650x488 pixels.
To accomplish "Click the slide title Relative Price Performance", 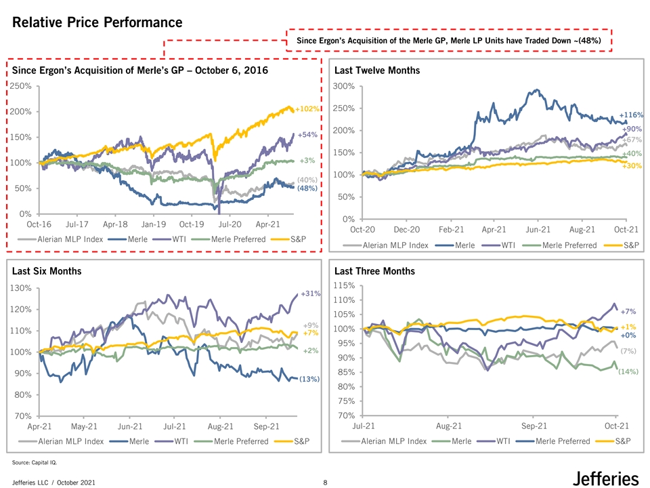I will click(97, 22).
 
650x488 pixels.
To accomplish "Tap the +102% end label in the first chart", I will click(307, 108).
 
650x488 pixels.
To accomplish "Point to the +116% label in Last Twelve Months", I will click(631, 116).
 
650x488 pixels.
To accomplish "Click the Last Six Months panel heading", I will click(46, 271).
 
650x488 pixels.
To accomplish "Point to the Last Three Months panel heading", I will click(374, 271).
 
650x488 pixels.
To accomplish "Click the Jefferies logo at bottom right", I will click(605, 478).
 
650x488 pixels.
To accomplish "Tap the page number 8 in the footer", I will click(326, 482).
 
